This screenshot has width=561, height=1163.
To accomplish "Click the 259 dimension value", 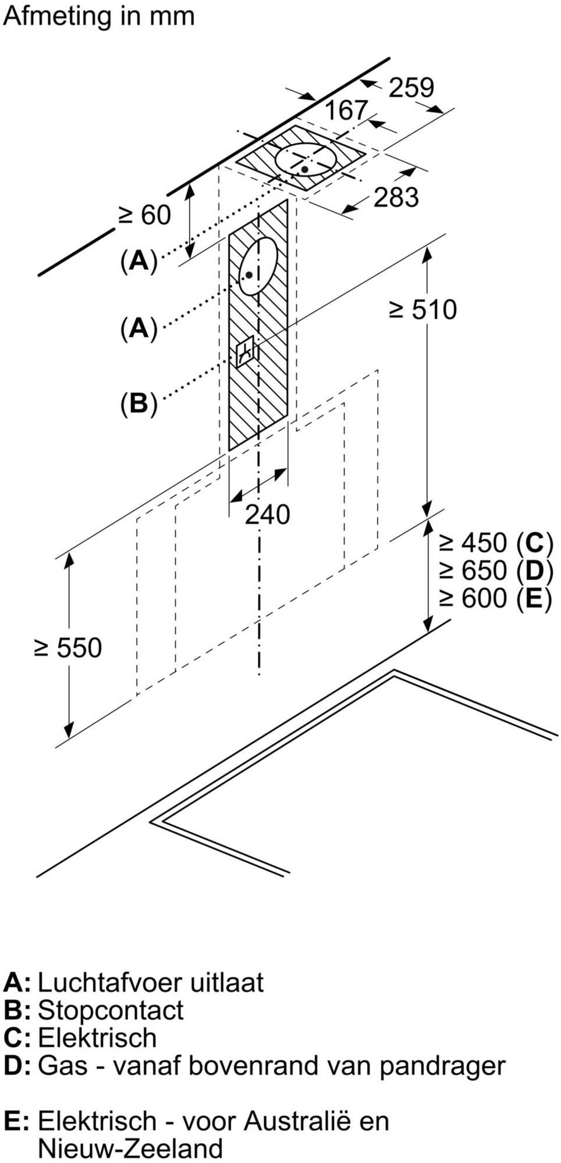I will click(x=411, y=88).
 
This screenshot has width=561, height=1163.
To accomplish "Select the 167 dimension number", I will click(x=346, y=110).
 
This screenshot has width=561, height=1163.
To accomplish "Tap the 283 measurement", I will click(x=396, y=198).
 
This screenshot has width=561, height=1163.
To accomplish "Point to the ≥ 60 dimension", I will click(x=145, y=215).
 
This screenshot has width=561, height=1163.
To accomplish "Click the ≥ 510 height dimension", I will click(x=423, y=309).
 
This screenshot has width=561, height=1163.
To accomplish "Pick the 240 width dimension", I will click(x=267, y=515).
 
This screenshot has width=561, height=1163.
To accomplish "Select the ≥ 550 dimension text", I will click(x=68, y=648).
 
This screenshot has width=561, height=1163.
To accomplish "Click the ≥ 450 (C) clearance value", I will click(x=495, y=543).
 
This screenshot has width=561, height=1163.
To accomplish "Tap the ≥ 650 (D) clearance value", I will click(x=495, y=570).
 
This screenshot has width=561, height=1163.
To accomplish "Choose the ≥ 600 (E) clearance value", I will click(x=495, y=598).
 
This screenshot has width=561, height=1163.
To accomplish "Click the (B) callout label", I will click(x=139, y=403).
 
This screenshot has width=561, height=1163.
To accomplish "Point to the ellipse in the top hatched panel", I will click(x=306, y=159).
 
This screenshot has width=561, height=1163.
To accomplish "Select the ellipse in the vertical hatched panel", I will click(x=258, y=266).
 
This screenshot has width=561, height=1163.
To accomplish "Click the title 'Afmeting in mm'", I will click(x=99, y=16).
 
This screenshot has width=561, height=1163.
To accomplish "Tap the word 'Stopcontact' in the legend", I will click(x=111, y=1010).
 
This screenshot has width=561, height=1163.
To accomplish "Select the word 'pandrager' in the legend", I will click(x=442, y=1066).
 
